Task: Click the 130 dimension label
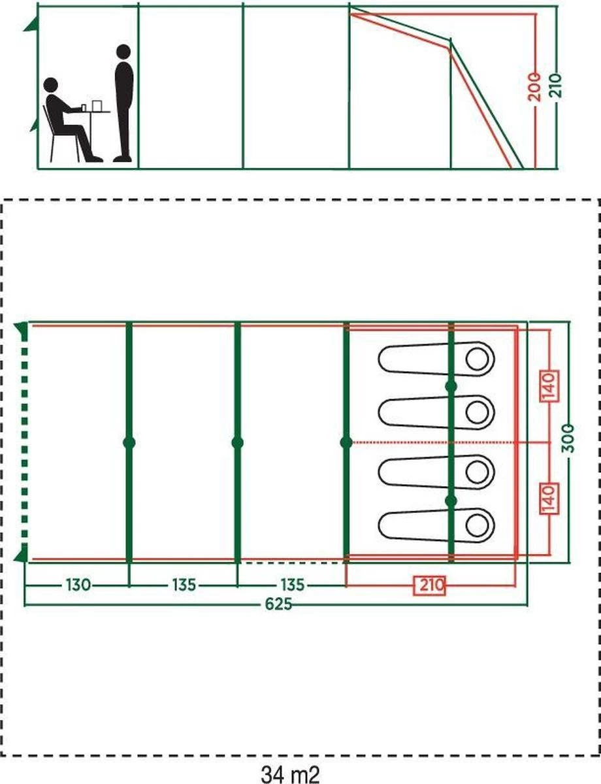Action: (x=77, y=585)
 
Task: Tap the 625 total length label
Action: (x=279, y=604)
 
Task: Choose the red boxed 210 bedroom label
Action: (x=429, y=585)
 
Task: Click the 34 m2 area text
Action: (x=291, y=774)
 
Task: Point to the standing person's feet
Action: (x=122, y=158)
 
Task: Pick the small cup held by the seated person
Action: (x=84, y=106)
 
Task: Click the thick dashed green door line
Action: (x=25, y=442)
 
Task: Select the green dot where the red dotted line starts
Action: (x=346, y=442)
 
